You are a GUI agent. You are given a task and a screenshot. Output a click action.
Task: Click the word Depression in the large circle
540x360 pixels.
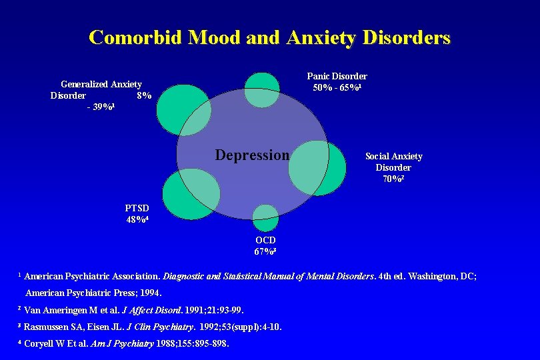click(253, 155)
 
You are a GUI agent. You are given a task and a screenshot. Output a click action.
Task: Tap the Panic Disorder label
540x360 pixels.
click(337, 76)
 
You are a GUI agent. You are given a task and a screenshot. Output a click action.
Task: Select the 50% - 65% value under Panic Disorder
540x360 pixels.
click(337, 87)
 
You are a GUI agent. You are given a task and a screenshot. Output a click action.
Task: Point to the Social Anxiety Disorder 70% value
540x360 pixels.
click(393, 179)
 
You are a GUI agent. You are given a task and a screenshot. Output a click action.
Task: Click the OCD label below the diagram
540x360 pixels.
click(265, 240)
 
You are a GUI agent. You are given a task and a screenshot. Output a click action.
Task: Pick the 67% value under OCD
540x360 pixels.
click(265, 251)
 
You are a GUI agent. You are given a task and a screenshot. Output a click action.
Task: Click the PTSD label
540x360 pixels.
click(137, 208)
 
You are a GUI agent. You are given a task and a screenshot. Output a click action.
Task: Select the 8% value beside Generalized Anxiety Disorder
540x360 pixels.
click(144, 95)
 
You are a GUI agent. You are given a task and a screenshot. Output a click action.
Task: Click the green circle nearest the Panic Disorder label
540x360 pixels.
click(262, 89)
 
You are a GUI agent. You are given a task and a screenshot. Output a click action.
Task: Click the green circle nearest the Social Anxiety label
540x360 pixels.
click(317, 168)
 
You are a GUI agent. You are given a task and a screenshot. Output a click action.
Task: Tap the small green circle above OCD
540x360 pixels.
click(265, 218)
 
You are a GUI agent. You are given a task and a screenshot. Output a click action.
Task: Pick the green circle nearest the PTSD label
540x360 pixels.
click(190, 194)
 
